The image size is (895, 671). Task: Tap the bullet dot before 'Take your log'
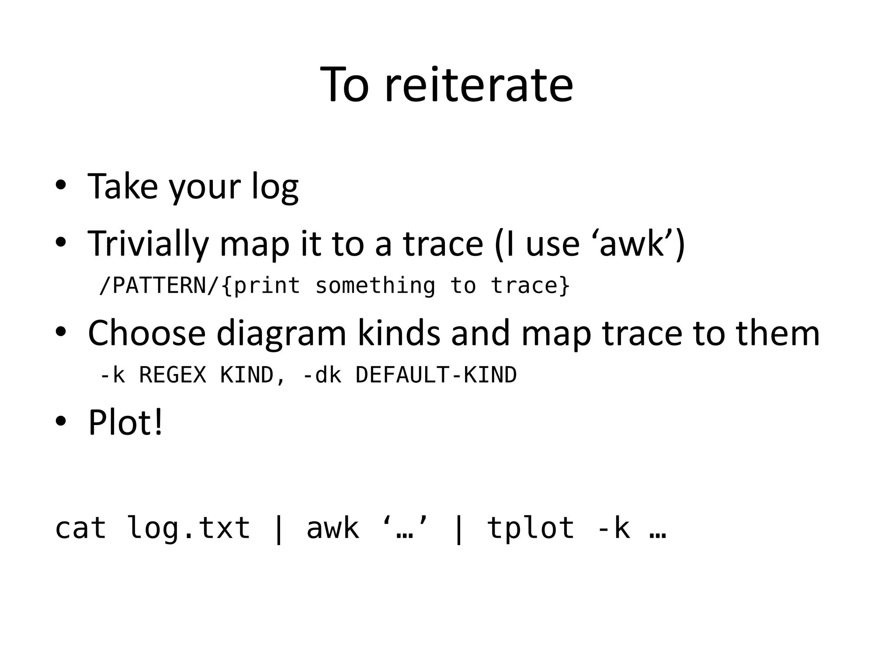point(61,185)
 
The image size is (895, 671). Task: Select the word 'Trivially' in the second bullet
point(148,244)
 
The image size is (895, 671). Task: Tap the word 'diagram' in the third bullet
point(281,334)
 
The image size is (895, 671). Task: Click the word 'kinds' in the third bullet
point(399,333)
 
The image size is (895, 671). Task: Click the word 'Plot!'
point(125,422)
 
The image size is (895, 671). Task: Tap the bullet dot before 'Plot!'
point(61,421)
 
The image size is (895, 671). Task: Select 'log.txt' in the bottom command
point(188,528)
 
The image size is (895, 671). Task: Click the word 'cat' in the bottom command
point(81,528)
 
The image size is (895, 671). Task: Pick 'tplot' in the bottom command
point(531,528)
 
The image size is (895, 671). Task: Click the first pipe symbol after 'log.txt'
point(278,529)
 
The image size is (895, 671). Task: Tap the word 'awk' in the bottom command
point(333,528)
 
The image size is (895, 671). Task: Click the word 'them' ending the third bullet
point(778,333)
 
